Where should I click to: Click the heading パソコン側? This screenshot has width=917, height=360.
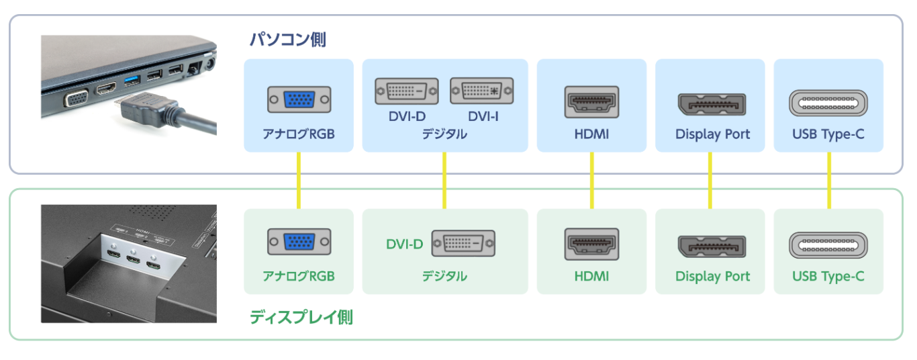(287, 40)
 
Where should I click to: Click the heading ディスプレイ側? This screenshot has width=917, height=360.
(301, 317)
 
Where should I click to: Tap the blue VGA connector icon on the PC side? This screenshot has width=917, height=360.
(299, 100)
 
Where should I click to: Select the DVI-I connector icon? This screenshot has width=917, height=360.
(481, 91)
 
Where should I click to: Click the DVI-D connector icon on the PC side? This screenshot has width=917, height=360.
(406, 91)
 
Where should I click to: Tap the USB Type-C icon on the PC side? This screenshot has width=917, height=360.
(828, 103)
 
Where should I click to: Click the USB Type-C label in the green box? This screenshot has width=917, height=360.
(828, 276)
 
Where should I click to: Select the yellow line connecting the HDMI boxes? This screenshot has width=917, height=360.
(591, 180)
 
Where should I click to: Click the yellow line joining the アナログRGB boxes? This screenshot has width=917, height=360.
(299, 180)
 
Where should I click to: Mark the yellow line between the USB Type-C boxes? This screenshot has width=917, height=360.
(828, 180)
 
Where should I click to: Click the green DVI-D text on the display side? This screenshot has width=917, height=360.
(404, 244)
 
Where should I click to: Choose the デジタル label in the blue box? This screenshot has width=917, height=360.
(444, 134)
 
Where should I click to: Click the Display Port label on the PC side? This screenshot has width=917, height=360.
(712, 134)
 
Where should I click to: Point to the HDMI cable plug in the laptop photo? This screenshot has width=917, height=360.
(148, 107)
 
